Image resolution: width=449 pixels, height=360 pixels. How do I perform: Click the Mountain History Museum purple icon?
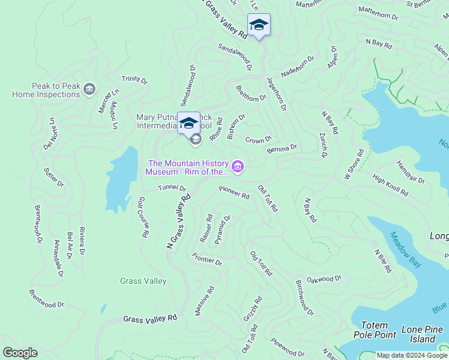(x=238, y=166)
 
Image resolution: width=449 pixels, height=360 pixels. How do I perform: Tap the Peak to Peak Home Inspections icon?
(x=90, y=89)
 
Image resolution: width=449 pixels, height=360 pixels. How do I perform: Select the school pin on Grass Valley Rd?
(x=259, y=25)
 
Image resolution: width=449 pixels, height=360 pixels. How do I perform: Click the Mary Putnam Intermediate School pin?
(x=188, y=124)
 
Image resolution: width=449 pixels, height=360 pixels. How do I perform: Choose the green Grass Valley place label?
(x=143, y=281)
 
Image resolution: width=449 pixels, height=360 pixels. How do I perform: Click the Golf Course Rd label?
(x=142, y=217)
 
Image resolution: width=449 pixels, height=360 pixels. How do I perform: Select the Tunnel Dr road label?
(x=172, y=188)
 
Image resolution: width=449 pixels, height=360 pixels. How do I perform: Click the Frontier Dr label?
(x=207, y=260)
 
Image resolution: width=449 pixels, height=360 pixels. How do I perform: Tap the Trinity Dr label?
(x=134, y=79)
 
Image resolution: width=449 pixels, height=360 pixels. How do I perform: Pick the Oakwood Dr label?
(x=324, y=278)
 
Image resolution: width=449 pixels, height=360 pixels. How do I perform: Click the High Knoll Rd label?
(x=390, y=185)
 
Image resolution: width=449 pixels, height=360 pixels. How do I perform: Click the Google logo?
(x=20, y=353)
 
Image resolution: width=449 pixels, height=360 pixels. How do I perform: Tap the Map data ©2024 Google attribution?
(x=411, y=355)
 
